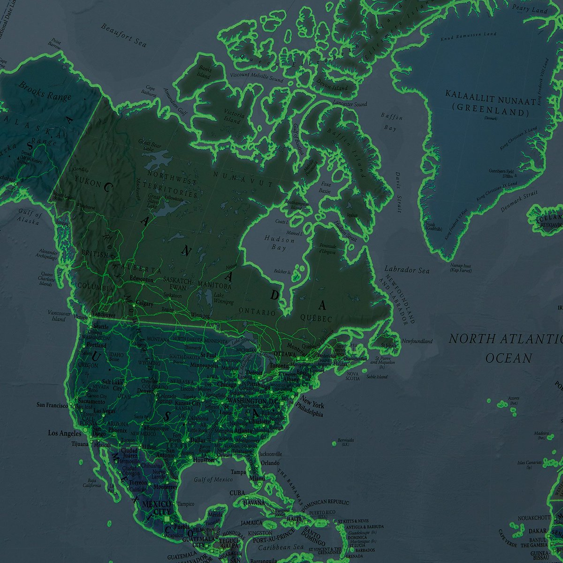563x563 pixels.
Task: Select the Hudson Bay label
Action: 280,243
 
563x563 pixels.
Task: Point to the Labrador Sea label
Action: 406,270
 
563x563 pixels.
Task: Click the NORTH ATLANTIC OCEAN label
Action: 506,348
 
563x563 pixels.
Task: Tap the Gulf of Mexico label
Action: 213,479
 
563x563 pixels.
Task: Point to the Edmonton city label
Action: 141,280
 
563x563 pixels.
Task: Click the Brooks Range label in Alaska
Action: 45,91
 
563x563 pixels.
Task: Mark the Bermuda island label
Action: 345,440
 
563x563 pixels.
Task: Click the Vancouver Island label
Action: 59,316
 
